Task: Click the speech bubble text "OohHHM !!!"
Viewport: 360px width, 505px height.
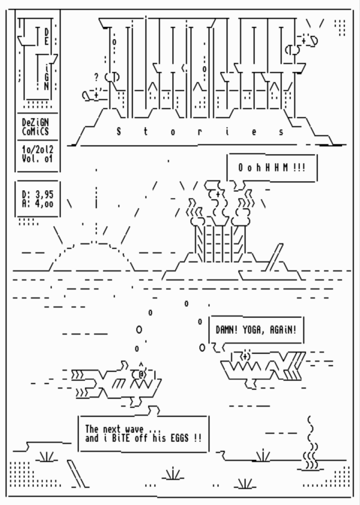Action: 272,168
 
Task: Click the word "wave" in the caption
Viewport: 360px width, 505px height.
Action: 135,429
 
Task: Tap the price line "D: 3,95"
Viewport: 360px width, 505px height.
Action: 38,195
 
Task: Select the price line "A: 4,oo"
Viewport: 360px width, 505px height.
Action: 38,204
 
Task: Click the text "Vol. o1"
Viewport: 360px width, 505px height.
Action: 38,159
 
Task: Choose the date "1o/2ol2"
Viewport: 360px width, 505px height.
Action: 38,150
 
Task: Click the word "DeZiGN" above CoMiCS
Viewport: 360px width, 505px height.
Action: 35,122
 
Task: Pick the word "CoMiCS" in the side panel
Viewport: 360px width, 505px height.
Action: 35,132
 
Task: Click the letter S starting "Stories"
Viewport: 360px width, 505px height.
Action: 119,132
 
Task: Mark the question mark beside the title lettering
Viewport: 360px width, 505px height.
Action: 96,77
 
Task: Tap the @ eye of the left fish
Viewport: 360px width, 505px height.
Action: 141,374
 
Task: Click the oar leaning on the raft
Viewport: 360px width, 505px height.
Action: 274,257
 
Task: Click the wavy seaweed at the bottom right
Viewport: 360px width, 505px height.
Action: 310,444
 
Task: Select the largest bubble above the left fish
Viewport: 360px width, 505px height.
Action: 139,330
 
